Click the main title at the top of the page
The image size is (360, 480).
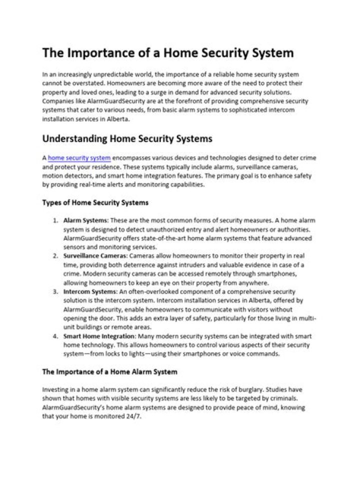[x=167, y=53]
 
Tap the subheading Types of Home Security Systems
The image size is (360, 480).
[x=95, y=203]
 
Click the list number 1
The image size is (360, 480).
[x=55, y=220]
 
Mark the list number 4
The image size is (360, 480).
[x=55, y=336]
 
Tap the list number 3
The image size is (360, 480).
[x=55, y=291]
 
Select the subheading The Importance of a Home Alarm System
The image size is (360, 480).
[x=109, y=372]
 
